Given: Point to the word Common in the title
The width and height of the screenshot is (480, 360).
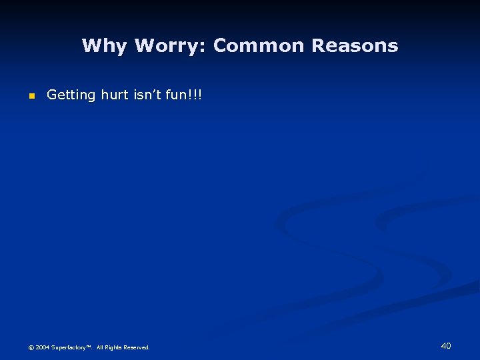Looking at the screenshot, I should (x=259, y=46).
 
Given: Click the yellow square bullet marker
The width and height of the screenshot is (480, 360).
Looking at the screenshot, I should (x=31, y=97).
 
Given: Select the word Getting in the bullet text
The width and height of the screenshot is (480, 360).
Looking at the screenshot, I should (x=71, y=95).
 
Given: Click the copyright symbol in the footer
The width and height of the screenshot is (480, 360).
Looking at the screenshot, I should (x=31, y=347).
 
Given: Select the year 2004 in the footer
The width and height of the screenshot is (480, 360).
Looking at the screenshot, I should (x=43, y=347).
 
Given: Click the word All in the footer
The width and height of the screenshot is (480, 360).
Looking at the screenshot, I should (x=100, y=347).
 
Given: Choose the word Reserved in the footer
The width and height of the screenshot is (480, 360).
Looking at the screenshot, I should (x=138, y=347).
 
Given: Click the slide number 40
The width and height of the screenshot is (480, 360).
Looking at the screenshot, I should (x=446, y=345).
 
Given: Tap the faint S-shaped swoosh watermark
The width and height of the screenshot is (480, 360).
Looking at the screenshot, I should (x=373, y=253).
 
